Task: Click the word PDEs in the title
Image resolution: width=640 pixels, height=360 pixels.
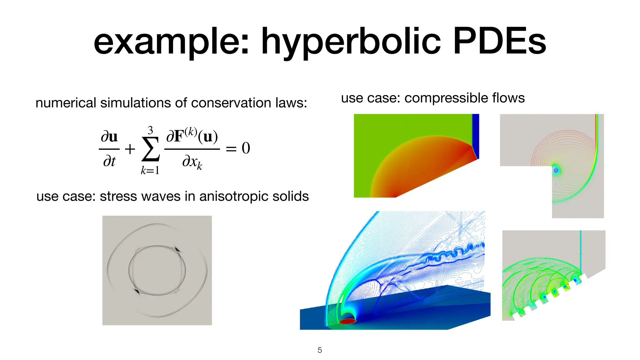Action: click(x=500, y=42)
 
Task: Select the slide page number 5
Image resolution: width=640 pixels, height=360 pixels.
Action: click(x=320, y=350)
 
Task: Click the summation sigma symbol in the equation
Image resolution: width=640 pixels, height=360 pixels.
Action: click(x=151, y=149)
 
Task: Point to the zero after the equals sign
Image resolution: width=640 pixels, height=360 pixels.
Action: click(x=246, y=148)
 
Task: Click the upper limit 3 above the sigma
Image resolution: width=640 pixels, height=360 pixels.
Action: click(x=150, y=130)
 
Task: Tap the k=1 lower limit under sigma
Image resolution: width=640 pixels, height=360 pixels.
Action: click(x=150, y=170)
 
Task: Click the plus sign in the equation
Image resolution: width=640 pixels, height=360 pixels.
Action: click(x=130, y=149)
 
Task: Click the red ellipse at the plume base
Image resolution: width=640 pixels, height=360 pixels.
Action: click(x=347, y=321)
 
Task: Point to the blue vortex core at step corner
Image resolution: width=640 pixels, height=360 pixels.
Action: click(x=556, y=170)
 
